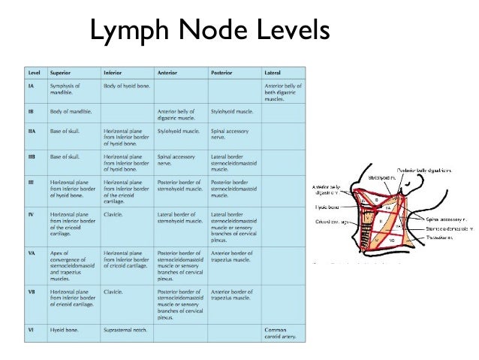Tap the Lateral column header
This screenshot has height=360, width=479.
273,73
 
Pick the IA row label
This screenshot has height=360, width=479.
32,86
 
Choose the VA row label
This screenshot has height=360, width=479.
32,253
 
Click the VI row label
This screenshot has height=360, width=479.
32,329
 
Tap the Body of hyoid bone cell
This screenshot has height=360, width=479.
127,86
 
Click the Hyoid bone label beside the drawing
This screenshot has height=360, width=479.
328,206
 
